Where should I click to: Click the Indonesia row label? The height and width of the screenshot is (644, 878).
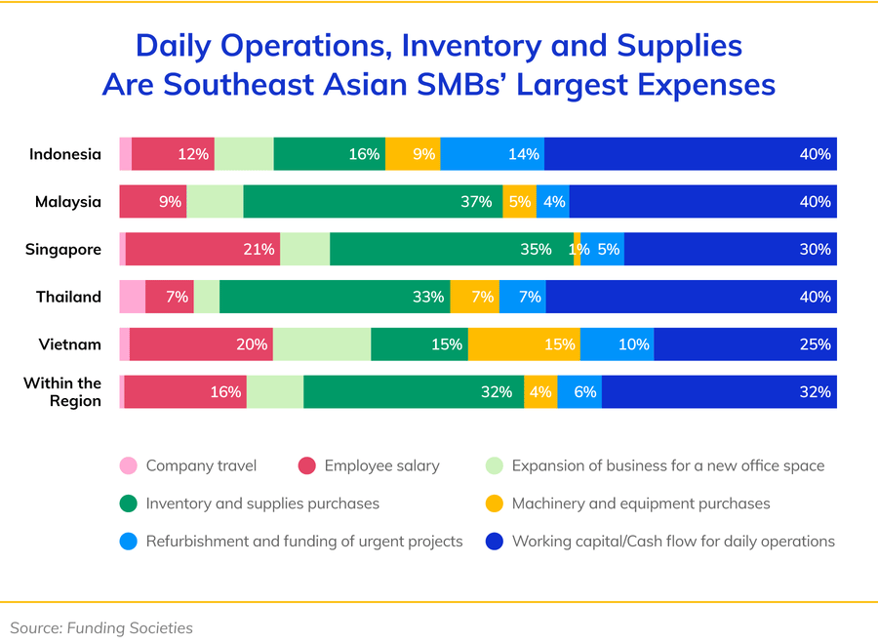(65, 154)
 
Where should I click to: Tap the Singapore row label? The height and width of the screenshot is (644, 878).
(63, 249)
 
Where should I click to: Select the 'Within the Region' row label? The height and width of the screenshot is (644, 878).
(62, 391)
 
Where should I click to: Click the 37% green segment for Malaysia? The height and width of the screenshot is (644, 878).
(373, 202)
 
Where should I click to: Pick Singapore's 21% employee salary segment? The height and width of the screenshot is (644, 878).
(203, 249)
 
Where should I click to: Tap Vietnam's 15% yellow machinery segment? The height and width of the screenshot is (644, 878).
(524, 343)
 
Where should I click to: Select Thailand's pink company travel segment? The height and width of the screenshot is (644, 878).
(132, 297)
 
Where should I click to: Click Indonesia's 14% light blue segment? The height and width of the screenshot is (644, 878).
(493, 154)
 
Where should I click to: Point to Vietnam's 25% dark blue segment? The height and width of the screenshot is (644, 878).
(744, 343)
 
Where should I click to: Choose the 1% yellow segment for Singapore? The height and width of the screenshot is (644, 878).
(578, 249)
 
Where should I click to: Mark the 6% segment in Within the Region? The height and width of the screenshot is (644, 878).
(579, 391)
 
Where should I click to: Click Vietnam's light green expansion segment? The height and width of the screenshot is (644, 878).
(322, 343)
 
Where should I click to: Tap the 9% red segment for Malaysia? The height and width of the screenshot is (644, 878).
(153, 202)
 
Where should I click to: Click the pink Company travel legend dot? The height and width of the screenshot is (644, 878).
(128, 465)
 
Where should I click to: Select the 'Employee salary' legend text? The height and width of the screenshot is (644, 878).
(381, 465)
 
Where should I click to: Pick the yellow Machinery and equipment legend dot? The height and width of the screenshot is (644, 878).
(494, 503)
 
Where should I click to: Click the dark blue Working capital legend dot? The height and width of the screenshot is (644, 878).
(494, 541)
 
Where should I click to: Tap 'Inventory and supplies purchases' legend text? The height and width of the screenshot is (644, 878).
(262, 503)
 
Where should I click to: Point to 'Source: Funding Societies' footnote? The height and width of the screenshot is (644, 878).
(101, 627)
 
